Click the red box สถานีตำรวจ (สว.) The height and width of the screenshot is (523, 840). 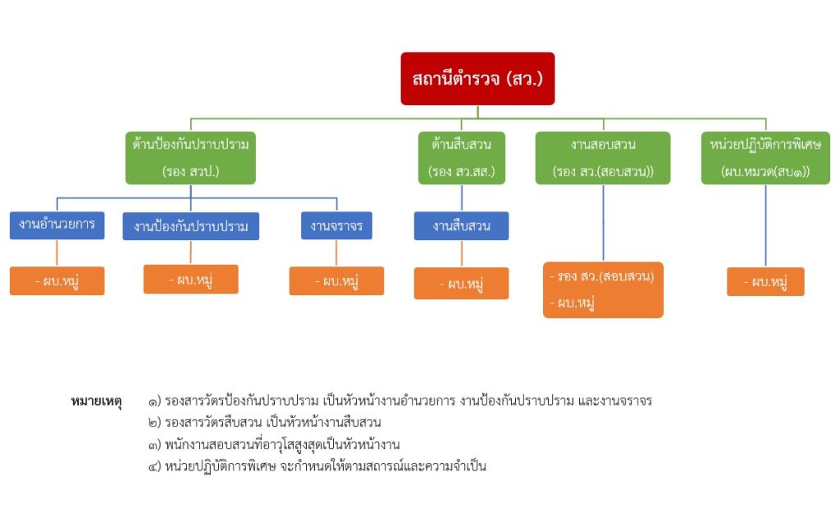(x=477, y=79)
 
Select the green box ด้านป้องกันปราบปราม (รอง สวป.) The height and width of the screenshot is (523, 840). (x=190, y=157)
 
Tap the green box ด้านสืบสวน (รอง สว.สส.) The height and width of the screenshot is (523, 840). (x=461, y=157)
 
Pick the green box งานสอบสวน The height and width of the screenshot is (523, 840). (x=603, y=157)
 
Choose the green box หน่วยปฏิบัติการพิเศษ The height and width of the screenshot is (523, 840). (x=765, y=157)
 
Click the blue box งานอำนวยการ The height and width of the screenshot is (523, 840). (x=57, y=225)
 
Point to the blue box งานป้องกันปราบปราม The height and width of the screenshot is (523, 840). (x=190, y=226)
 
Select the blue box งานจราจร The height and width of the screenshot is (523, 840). (x=336, y=225)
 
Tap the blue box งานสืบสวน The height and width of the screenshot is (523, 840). (x=461, y=226)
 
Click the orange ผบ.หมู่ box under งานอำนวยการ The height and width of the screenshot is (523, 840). (x=57, y=281)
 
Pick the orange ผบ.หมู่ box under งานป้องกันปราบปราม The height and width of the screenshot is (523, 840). (x=190, y=280)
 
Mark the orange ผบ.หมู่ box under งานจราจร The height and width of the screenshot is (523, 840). (x=336, y=281)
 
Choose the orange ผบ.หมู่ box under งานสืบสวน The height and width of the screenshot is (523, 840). (x=461, y=284)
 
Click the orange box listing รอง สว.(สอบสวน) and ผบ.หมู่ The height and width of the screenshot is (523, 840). (x=603, y=289)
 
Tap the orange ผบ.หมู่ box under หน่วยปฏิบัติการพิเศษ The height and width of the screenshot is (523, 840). (x=765, y=282)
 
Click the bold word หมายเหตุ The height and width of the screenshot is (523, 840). (x=97, y=402)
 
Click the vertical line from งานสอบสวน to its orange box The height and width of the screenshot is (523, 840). (x=603, y=223)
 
